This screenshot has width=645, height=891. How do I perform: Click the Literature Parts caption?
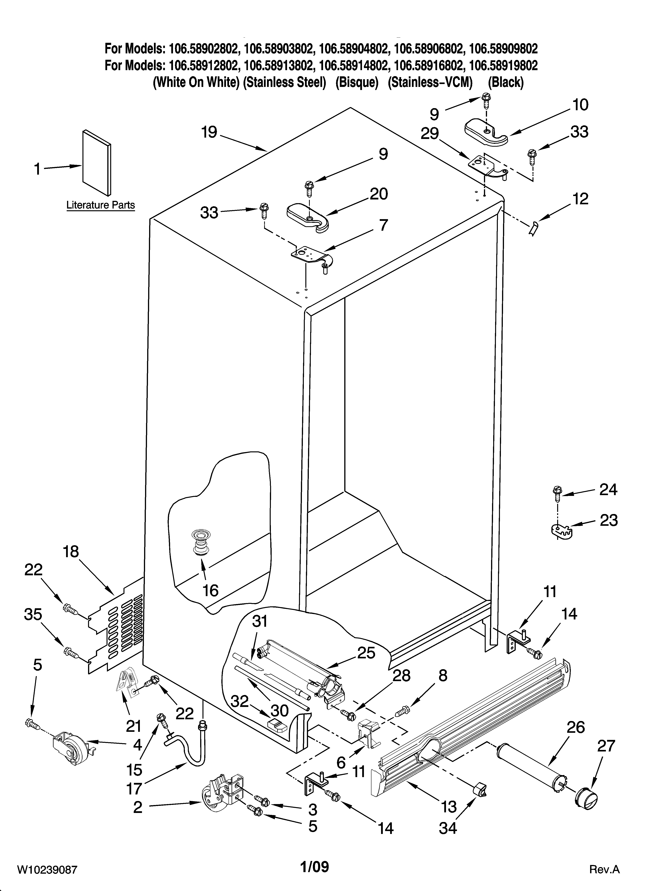point(101,205)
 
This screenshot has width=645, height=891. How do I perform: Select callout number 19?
point(209,132)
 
